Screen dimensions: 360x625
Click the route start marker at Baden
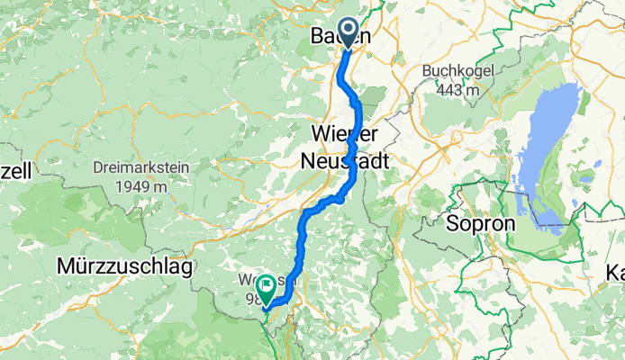click(x=348, y=33)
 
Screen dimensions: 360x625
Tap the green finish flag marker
click(x=267, y=288)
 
